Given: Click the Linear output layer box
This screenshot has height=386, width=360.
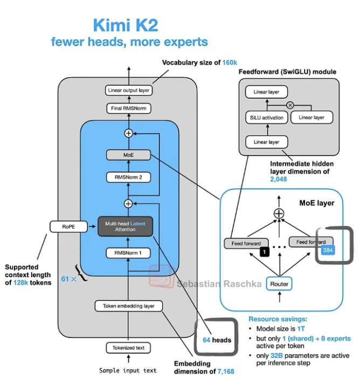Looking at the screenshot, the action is tap(129, 91).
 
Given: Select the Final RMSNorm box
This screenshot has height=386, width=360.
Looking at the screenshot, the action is tap(129, 108).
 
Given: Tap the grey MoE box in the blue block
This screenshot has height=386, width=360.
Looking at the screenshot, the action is tap(128, 155).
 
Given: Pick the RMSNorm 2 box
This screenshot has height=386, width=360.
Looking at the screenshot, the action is tap(128, 177).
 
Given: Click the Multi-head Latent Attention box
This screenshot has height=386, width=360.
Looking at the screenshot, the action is tap(125, 226).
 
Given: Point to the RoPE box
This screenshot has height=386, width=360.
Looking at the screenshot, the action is tap(68, 227).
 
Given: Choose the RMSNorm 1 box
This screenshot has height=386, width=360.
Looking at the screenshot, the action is tap(128, 253).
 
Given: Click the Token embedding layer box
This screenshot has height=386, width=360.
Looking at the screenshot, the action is tap(128, 306).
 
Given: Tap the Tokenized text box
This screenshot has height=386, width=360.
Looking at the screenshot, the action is tap(128, 348).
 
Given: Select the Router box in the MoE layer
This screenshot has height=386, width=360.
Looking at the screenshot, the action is tap(279, 284).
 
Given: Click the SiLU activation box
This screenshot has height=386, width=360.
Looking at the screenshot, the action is tap(266, 118).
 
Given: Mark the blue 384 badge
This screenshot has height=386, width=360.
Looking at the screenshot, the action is tap(328, 250).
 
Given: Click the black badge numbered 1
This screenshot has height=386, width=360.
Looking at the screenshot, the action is tap(265, 252).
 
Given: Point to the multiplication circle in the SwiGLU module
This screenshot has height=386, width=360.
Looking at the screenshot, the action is tap(290, 105).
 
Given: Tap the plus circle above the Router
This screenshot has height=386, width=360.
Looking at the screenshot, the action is tap(279, 213).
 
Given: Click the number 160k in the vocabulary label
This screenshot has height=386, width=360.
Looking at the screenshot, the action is tap(230, 63).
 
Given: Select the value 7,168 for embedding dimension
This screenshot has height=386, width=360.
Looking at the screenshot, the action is tap(226, 371).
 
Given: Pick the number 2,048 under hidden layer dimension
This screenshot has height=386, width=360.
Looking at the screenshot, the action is tap(278, 179).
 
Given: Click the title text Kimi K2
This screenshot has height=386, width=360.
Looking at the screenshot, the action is tap(126, 25).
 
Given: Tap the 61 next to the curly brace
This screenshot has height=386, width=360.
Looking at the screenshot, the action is tap(65, 279).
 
